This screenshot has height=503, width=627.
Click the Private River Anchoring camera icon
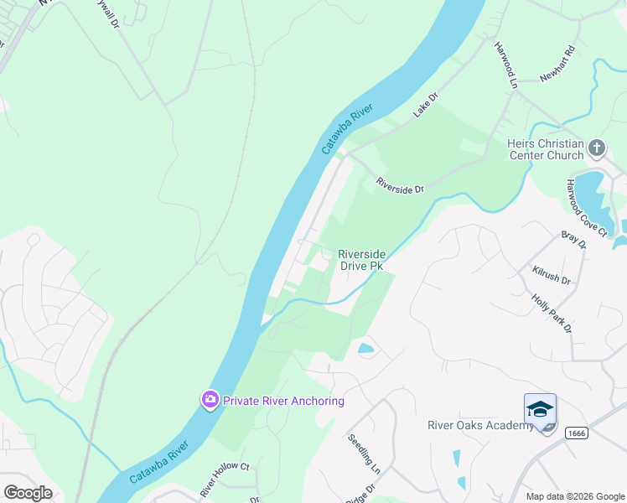[210, 400]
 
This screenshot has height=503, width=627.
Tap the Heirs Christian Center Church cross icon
[596, 149]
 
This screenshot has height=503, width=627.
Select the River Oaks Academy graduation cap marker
[540, 409]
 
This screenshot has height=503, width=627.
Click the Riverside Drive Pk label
[360, 260]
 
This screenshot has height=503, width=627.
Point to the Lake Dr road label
[426, 106]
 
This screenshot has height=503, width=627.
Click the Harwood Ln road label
[505, 65]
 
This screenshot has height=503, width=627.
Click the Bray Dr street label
[573, 241]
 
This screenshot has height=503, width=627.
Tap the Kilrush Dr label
[551, 277]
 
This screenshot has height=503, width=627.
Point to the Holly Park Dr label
[552, 313]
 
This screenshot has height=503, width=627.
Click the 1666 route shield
[576, 433]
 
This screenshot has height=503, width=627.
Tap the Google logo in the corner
[28, 493]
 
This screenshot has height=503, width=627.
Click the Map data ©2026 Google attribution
[575, 496]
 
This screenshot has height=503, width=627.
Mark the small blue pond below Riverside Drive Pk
[365, 348]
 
